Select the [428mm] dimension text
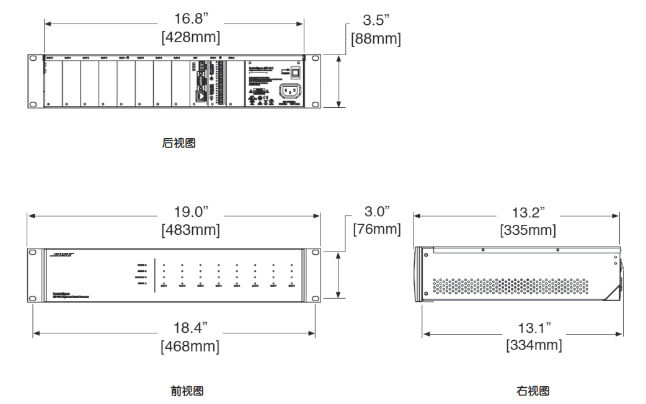click(x=190, y=38)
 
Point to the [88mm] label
click(x=376, y=38)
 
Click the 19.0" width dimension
click(x=190, y=213)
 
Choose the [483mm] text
click(x=190, y=230)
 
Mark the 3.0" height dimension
click(x=376, y=213)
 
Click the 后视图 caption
click(x=179, y=143)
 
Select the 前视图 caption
click(x=187, y=391)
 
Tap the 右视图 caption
click(x=533, y=391)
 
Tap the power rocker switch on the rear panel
click(x=296, y=71)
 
